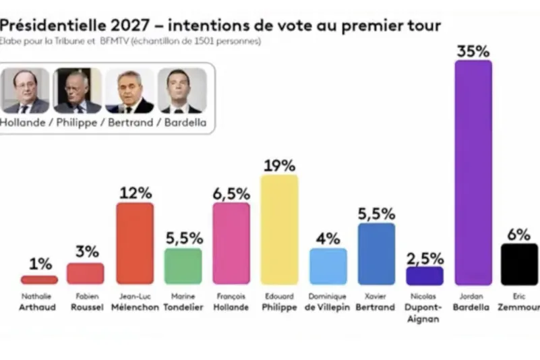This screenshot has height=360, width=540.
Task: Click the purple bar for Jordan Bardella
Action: tap(473, 172)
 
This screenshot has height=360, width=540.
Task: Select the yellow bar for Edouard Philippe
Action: tap(279, 229)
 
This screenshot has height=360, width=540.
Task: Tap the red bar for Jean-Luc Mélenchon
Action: tap(135, 243)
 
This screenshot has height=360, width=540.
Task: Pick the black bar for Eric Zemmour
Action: tap(520, 264)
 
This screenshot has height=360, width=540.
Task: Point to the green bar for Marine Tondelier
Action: tap(183, 266)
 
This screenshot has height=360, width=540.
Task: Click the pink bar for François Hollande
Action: tap(231, 243)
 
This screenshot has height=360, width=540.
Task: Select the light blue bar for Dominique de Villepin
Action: tap(328, 266)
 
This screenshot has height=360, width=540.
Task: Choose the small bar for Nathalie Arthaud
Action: tap(40, 279)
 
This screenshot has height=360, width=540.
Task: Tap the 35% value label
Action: tap(473, 50)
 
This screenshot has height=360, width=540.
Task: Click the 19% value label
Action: tap(279, 165)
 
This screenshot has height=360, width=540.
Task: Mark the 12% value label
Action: tap(135, 193)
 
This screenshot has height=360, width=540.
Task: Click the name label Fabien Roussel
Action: tap(86, 301)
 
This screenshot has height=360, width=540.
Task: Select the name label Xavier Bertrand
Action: tap(376, 301)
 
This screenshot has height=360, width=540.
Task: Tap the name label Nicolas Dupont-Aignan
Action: tap(425, 307)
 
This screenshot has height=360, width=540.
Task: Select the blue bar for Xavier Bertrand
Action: tap(376, 253)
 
